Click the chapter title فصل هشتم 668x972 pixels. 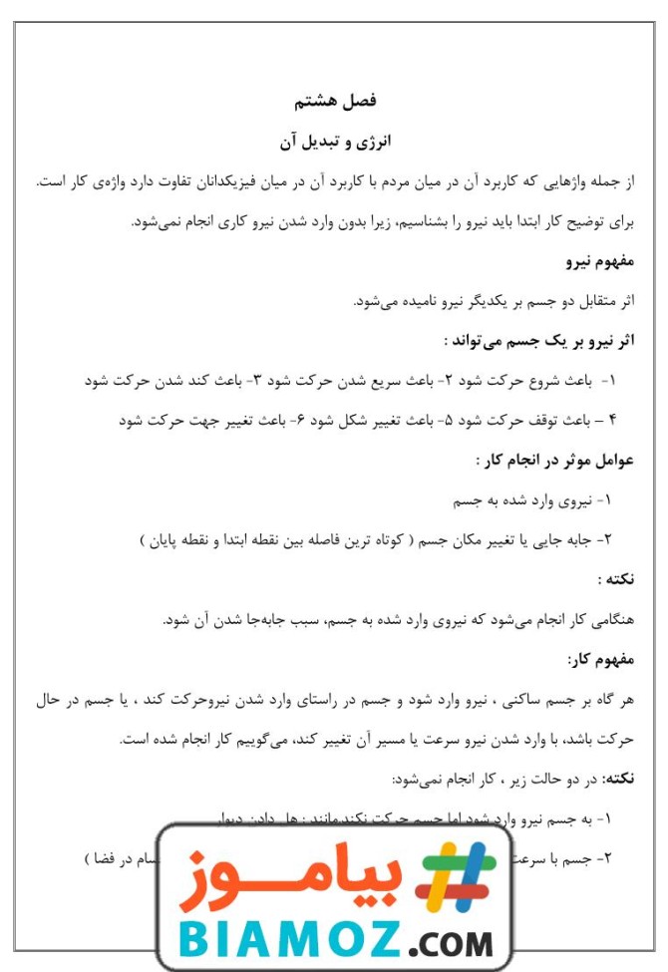click(335, 101)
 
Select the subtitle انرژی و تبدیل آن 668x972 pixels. click(335, 143)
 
